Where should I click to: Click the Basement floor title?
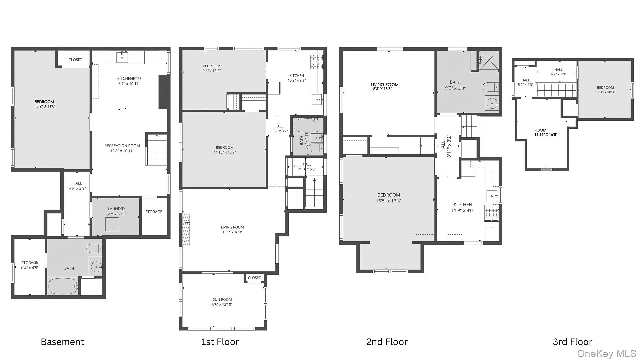click(x=62, y=342)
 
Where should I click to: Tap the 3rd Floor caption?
click(x=572, y=342)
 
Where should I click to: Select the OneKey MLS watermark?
click(x=607, y=353)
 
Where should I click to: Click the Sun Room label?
click(x=222, y=299)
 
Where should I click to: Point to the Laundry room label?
click(x=116, y=209)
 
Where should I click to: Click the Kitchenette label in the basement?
click(x=129, y=78)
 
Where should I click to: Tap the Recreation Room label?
click(x=122, y=146)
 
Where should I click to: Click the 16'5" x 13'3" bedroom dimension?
click(x=389, y=201)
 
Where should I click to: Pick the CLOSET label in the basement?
click(x=75, y=60)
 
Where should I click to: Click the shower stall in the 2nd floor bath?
click(x=489, y=61)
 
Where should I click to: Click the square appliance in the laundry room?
click(x=112, y=224)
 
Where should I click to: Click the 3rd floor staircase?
click(x=556, y=90)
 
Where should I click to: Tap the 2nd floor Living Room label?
click(x=385, y=85)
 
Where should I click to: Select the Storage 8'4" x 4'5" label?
click(x=30, y=265)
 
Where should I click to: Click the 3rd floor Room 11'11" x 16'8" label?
click(x=546, y=132)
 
